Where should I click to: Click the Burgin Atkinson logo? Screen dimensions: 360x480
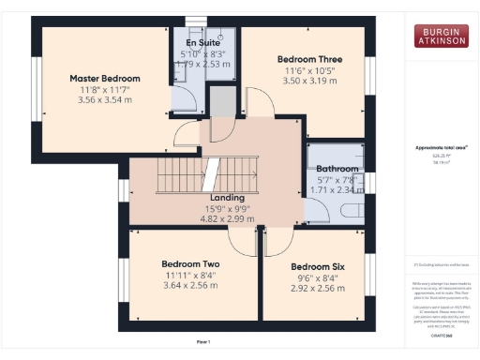click(442, 37)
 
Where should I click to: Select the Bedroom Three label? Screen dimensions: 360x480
click(301, 56)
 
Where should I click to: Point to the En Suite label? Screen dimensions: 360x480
click(202, 44)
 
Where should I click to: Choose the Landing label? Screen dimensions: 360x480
click(228, 198)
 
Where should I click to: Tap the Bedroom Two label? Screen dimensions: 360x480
click(190, 264)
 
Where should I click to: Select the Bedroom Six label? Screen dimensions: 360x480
click(318, 267)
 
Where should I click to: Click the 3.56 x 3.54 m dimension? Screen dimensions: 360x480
click(105, 99)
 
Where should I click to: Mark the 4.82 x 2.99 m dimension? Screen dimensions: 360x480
click(228, 218)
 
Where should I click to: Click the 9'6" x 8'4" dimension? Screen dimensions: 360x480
click(318, 278)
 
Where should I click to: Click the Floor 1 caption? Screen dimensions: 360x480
click(202, 342)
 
